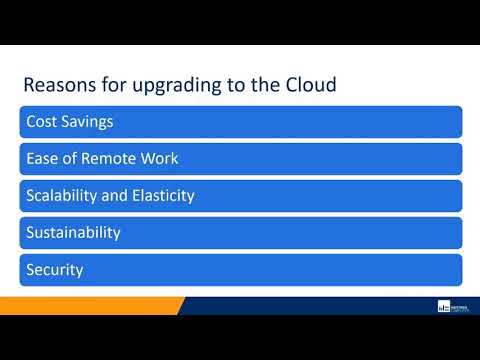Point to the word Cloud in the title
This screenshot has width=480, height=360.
[x=308, y=84]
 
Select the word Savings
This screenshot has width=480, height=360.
[x=87, y=122]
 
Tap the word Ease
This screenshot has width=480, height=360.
[x=43, y=159]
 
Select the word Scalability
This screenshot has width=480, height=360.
[x=67, y=196]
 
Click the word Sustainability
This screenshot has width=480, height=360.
[x=73, y=233]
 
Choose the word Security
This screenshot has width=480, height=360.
[x=55, y=270]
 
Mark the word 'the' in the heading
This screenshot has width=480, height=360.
[x=262, y=84]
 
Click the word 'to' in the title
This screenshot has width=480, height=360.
[x=231, y=85]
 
